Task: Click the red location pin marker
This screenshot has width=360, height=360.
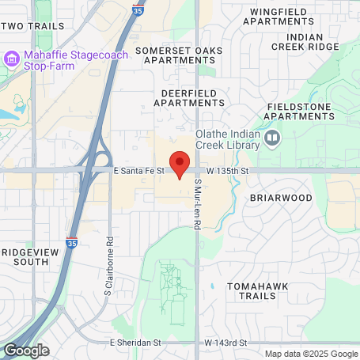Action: pos(180,162)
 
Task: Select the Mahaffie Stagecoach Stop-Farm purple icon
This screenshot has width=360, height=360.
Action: pos(12,59)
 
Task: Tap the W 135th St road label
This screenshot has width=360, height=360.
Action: pos(228,170)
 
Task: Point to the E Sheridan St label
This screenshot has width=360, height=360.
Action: pos(135,343)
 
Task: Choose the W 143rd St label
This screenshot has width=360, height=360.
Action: pos(225,343)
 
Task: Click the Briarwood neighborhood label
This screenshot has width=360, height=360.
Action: pos(276,197)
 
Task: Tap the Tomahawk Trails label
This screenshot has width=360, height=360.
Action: pos(252,290)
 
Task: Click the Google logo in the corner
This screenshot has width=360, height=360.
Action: pos(26,350)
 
